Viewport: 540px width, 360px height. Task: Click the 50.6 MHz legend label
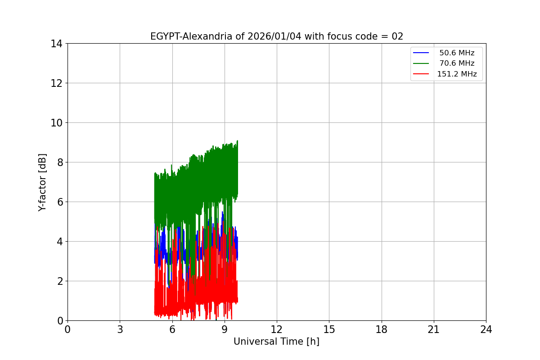pos(457,53)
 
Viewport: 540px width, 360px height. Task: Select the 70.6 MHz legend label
pos(457,63)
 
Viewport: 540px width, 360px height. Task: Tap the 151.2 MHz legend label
pos(457,74)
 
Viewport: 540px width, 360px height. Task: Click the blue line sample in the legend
pos(422,53)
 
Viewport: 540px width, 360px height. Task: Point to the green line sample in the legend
pos(422,63)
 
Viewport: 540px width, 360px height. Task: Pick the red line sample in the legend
pos(422,74)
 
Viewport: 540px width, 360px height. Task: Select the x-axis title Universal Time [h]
pos(276,342)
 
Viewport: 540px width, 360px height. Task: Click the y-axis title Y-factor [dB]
pos(43,182)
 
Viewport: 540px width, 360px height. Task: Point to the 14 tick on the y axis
pos(56,44)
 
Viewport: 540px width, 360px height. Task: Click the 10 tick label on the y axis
pos(56,123)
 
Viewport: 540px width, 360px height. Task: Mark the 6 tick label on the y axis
pos(59,202)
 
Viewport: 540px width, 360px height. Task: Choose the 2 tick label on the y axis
pos(59,281)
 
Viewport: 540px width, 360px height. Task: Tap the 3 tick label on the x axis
pos(120,330)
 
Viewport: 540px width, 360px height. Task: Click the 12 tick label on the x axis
pos(277,330)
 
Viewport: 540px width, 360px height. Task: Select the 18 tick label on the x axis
pos(382,330)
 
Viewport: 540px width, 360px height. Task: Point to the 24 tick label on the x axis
pos(486,330)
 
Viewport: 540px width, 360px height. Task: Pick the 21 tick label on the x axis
pos(434,330)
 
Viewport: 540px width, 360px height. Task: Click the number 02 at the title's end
pos(397,37)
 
